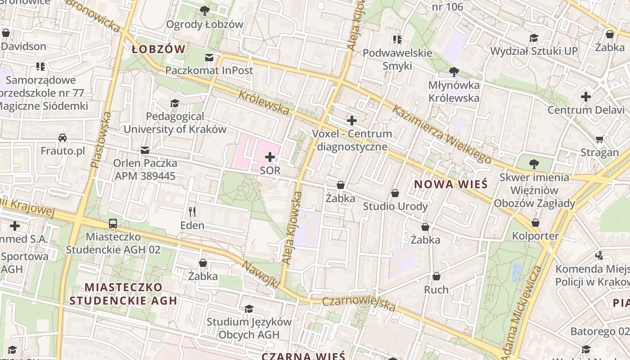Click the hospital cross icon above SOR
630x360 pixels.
click(x=270, y=157)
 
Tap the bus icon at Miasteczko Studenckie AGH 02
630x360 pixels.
click(x=113, y=224)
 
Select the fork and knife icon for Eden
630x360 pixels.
click(x=192, y=212)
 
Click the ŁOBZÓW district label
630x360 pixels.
click(x=158, y=49)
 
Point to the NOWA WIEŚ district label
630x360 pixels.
click(x=451, y=184)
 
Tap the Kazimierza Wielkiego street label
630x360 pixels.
click(x=441, y=134)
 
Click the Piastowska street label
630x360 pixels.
click(x=101, y=140)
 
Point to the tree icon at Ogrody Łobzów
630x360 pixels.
click(x=205, y=10)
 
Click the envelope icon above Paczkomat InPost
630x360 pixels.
click(x=209, y=57)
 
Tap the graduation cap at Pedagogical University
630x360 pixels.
click(x=175, y=104)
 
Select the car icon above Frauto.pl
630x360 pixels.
click(x=63, y=138)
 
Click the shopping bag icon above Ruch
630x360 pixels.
click(x=436, y=276)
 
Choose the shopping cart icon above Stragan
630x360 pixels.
click(x=599, y=139)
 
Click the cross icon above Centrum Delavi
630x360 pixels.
click(x=585, y=97)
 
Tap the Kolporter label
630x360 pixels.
click(x=535, y=236)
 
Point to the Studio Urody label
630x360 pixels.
click(x=395, y=207)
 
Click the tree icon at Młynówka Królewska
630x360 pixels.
click(x=454, y=72)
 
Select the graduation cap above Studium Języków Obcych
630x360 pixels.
click(x=249, y=309)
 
